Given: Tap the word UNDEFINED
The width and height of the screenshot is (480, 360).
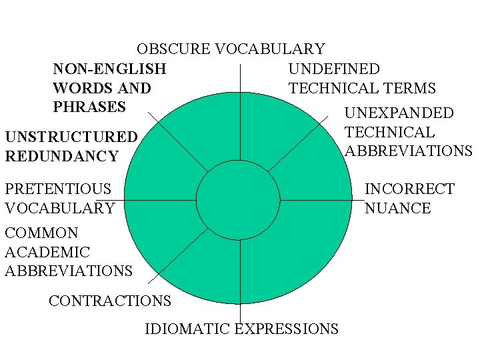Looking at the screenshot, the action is (x=334, y=69).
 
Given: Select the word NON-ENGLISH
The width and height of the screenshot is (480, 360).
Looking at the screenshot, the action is (x=109, y=69).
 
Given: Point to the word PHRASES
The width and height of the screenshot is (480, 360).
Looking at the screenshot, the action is (x=89, y=107).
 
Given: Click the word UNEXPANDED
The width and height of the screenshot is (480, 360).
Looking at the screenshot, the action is (x=399, y=113).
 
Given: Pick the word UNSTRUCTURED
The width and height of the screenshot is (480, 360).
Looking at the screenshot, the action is (x=71, y=137).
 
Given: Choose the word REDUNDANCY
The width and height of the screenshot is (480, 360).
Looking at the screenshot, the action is (x=61, y=157).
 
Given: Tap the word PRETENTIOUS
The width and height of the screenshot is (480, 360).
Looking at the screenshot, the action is (x=58, y=189).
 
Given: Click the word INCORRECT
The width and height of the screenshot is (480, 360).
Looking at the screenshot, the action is (x=409, y=189).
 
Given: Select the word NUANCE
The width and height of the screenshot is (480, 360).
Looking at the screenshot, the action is (x=397, y=208).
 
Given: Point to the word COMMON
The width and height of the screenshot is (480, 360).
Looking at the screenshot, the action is (x=41, y=233).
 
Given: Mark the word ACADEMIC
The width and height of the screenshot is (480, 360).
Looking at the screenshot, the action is (x=47, y=252).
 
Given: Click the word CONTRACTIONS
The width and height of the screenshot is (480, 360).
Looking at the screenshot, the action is (x=110, y=301).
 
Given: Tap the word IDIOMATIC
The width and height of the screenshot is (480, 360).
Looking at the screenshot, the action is (x=186, y=329).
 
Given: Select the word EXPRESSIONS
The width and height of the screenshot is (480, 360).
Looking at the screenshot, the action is (x=287, y=329).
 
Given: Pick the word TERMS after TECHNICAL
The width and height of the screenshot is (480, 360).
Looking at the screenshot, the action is (x=413, y=88).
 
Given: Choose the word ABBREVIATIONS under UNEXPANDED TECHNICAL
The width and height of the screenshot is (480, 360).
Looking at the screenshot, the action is (x=409, y=151).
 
